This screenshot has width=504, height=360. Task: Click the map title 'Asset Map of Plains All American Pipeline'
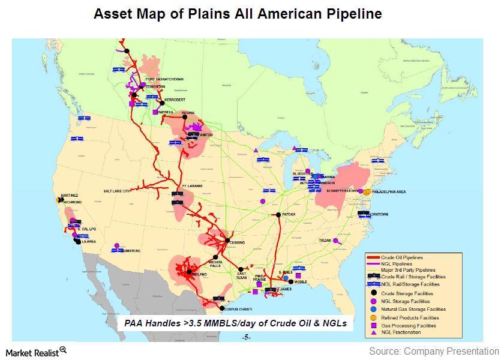pyautogui.click(x=238, y=14)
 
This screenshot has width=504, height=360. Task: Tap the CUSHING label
pyautogui.click(x=236, y=243)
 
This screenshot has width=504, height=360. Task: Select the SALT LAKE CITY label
pyautogui.click(x=117, y=191)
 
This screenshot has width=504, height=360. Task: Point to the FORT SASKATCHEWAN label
pyautogui.click(x=164, y=79)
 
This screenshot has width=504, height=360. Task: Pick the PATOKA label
pyautogui.click(x=289, y=214)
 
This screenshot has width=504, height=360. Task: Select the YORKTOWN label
pyautogui.click(x=379, y=214)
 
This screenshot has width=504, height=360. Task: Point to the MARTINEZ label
pyautogui.click(x=70, y=196)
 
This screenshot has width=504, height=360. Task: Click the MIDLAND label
pyautogui.click(x=198, y=275)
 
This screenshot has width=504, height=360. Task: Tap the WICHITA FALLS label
pyautogui.click(x=215, y=264)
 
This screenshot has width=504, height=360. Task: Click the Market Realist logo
pyautogui.click(x=35, y=351)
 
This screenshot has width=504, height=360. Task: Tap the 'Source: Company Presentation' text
pyautogui.click(x=434, y=351)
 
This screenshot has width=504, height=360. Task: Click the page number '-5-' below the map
pyautogui.click(x=245, y=337)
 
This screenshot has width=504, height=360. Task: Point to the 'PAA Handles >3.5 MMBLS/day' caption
pyautogui.click(x=236, y=323)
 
